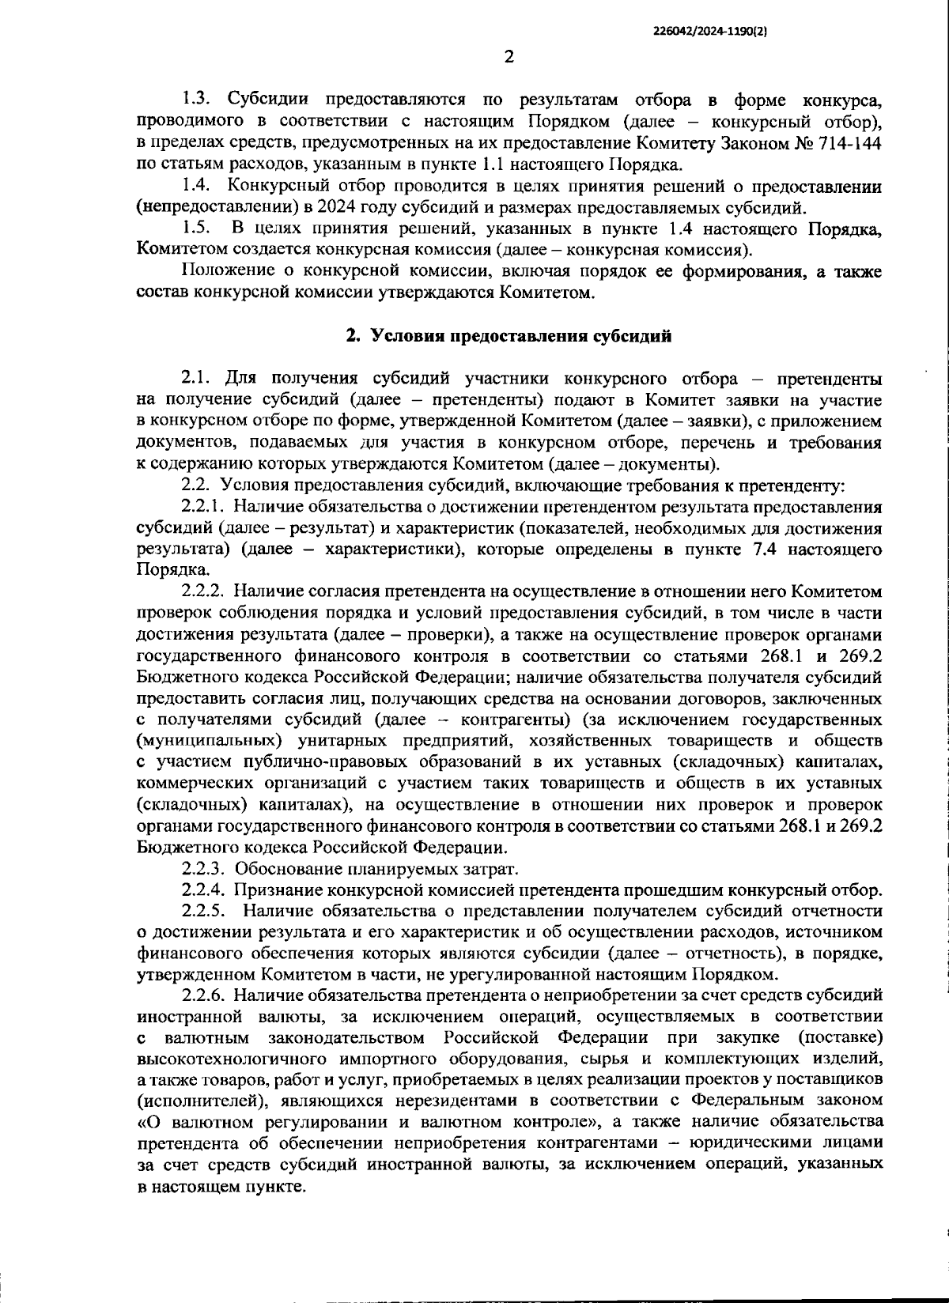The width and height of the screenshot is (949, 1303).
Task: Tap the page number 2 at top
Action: point(509,57)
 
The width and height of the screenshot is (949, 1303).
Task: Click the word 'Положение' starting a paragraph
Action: point(222,272)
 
